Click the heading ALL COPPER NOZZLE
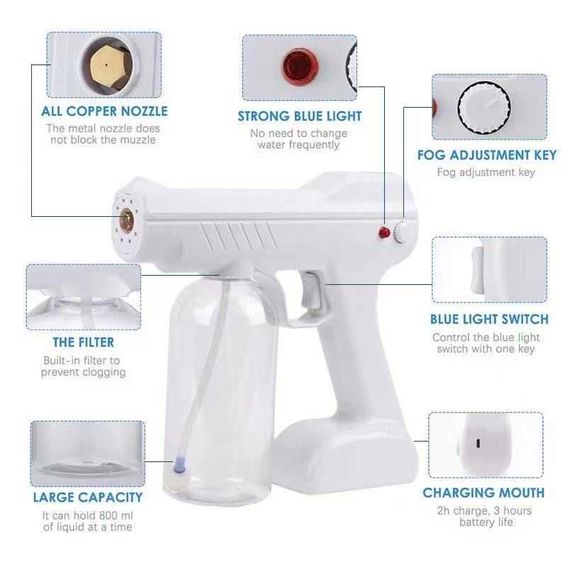(x=104, y=111)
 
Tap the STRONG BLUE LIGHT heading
(x=300, y=116)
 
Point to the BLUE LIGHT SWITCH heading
(x=489, y=320)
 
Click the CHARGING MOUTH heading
(x=484, y=493)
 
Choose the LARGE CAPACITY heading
(x=88, y=498)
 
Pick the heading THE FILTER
(x=83, y=343)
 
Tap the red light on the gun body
(x=383, y=232)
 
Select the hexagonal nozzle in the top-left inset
(x=105, y=65)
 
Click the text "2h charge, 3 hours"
(x=485, y=510)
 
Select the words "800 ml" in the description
(x=116, y=515)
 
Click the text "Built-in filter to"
(x=82, y=361)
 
